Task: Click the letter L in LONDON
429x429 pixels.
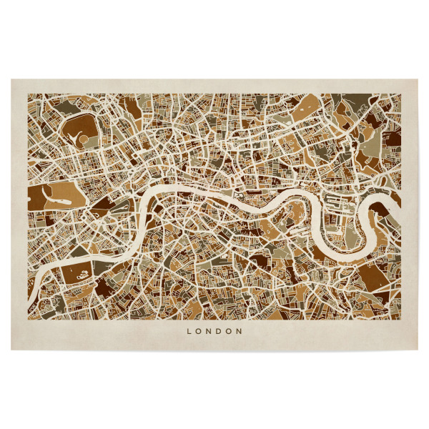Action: [189, 332]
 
